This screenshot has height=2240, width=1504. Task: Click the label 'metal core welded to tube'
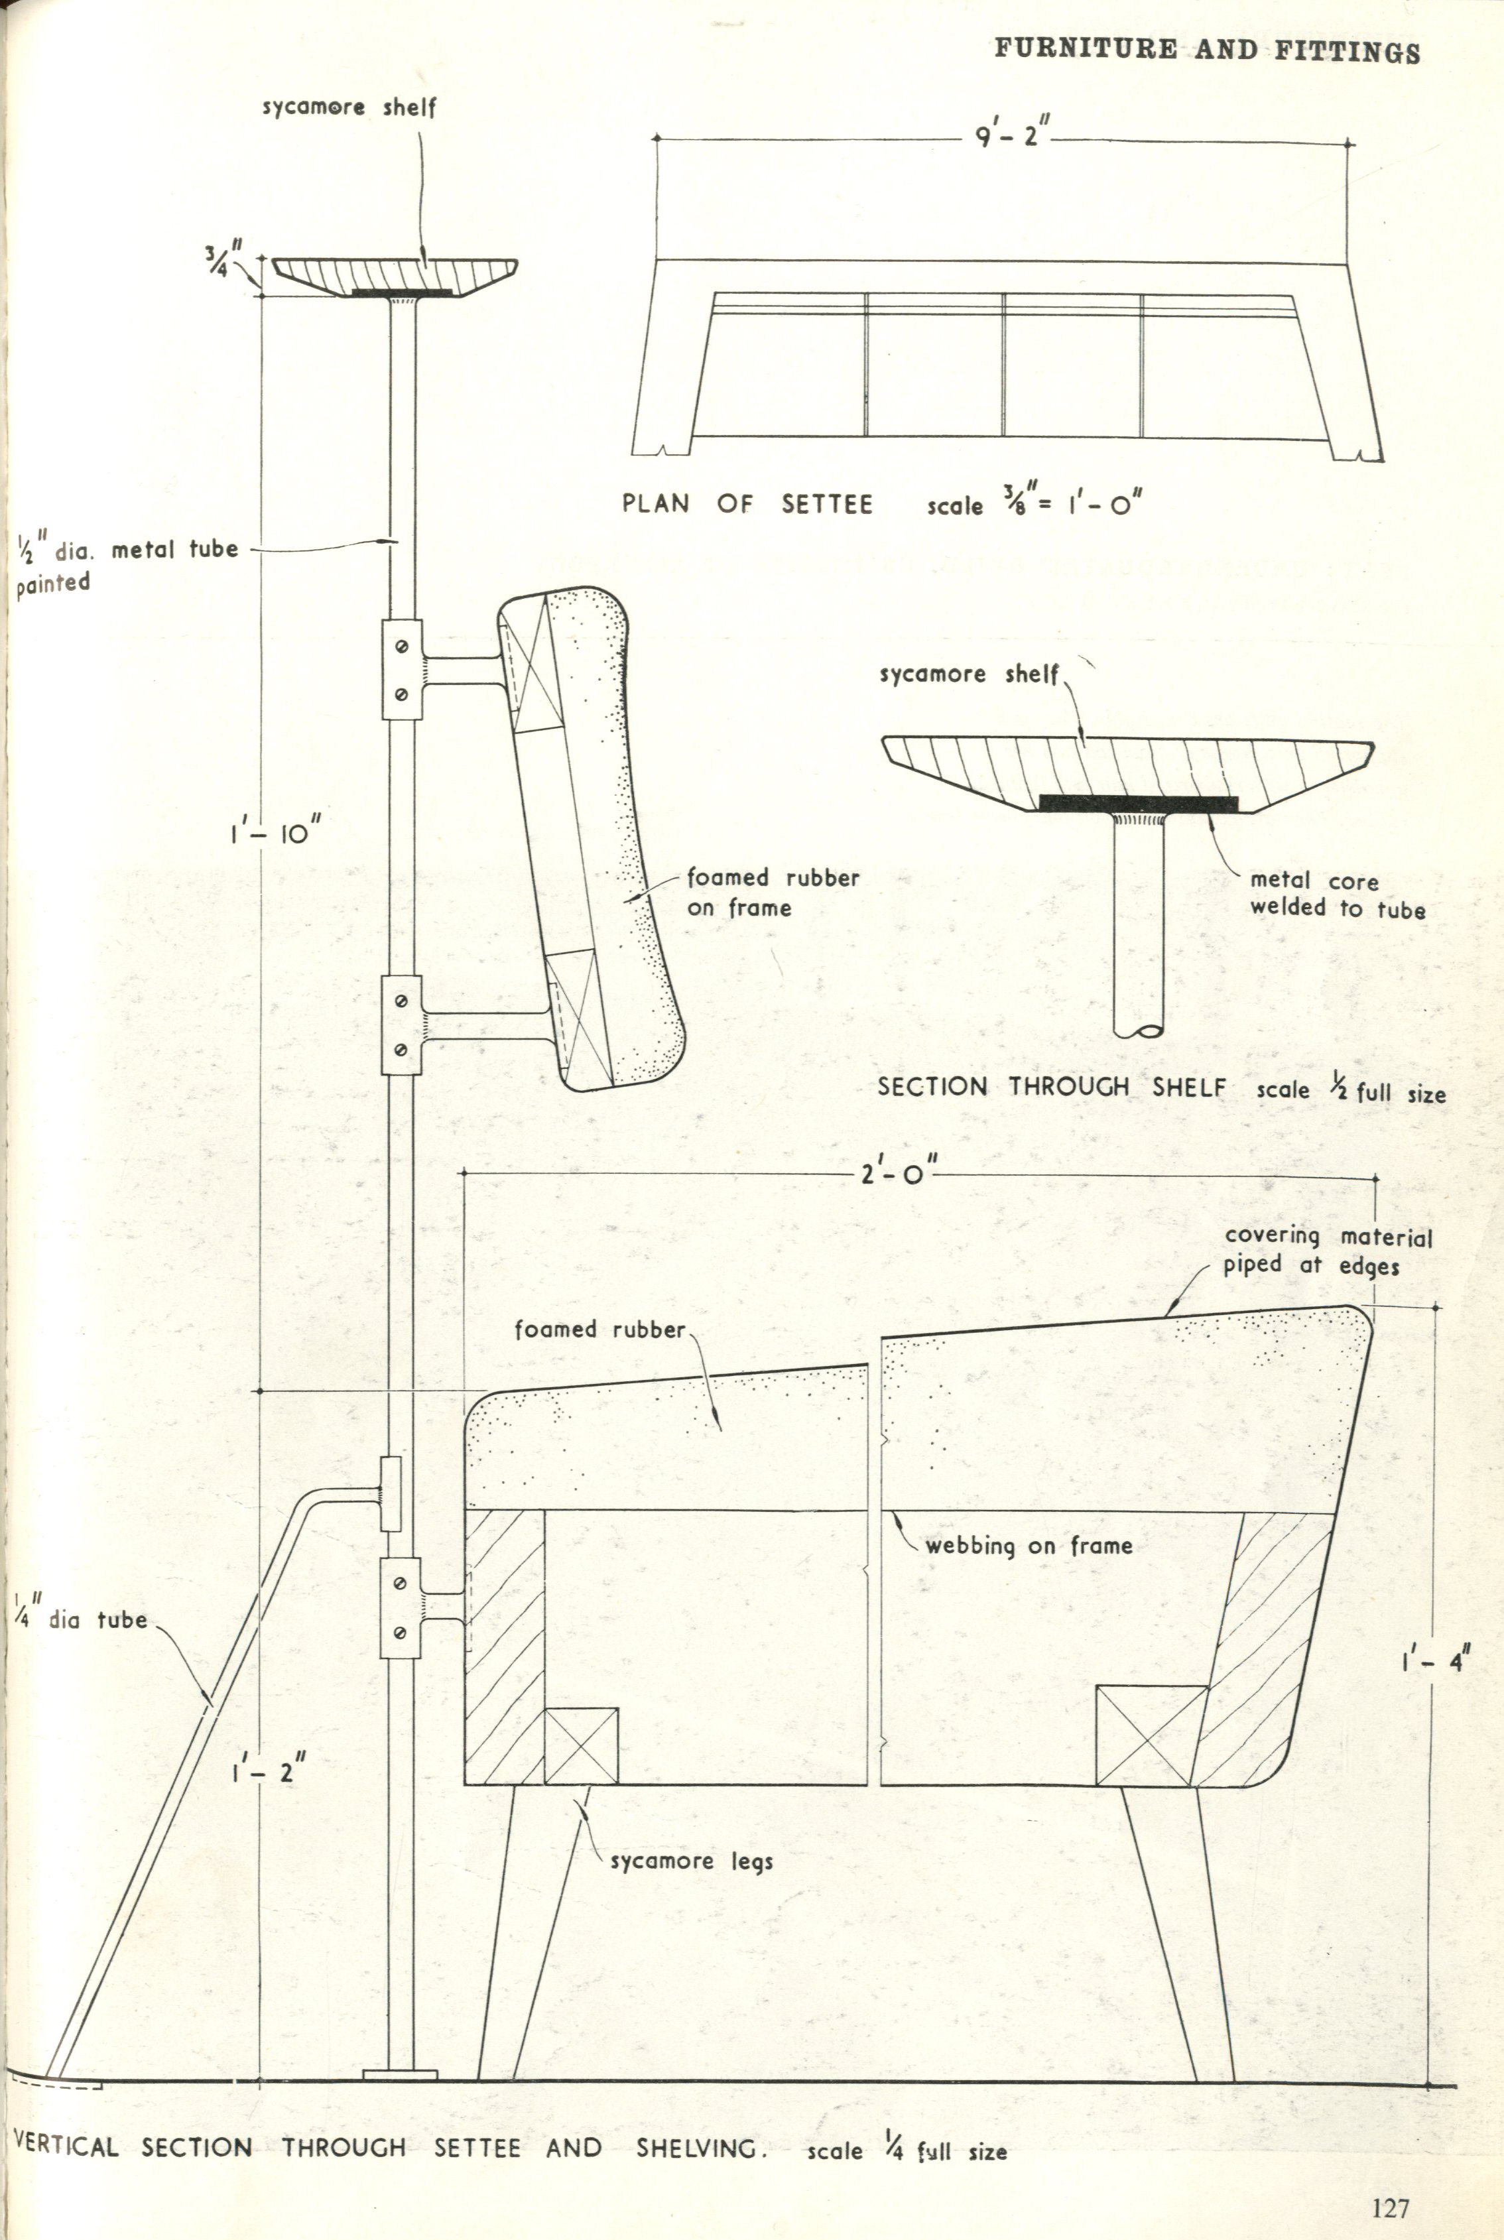coord(1337,895)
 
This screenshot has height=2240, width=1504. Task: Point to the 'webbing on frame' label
coord(1029,1545)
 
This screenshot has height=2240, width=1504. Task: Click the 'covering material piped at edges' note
coord(1328,1251)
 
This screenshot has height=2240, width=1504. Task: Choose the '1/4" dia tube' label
coord(81,1621)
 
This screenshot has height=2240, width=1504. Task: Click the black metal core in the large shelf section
coord(1139,802)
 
